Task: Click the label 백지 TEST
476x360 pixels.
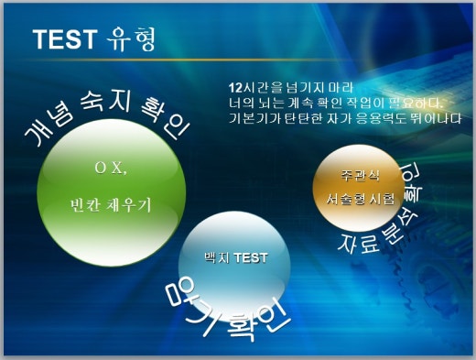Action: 236,257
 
